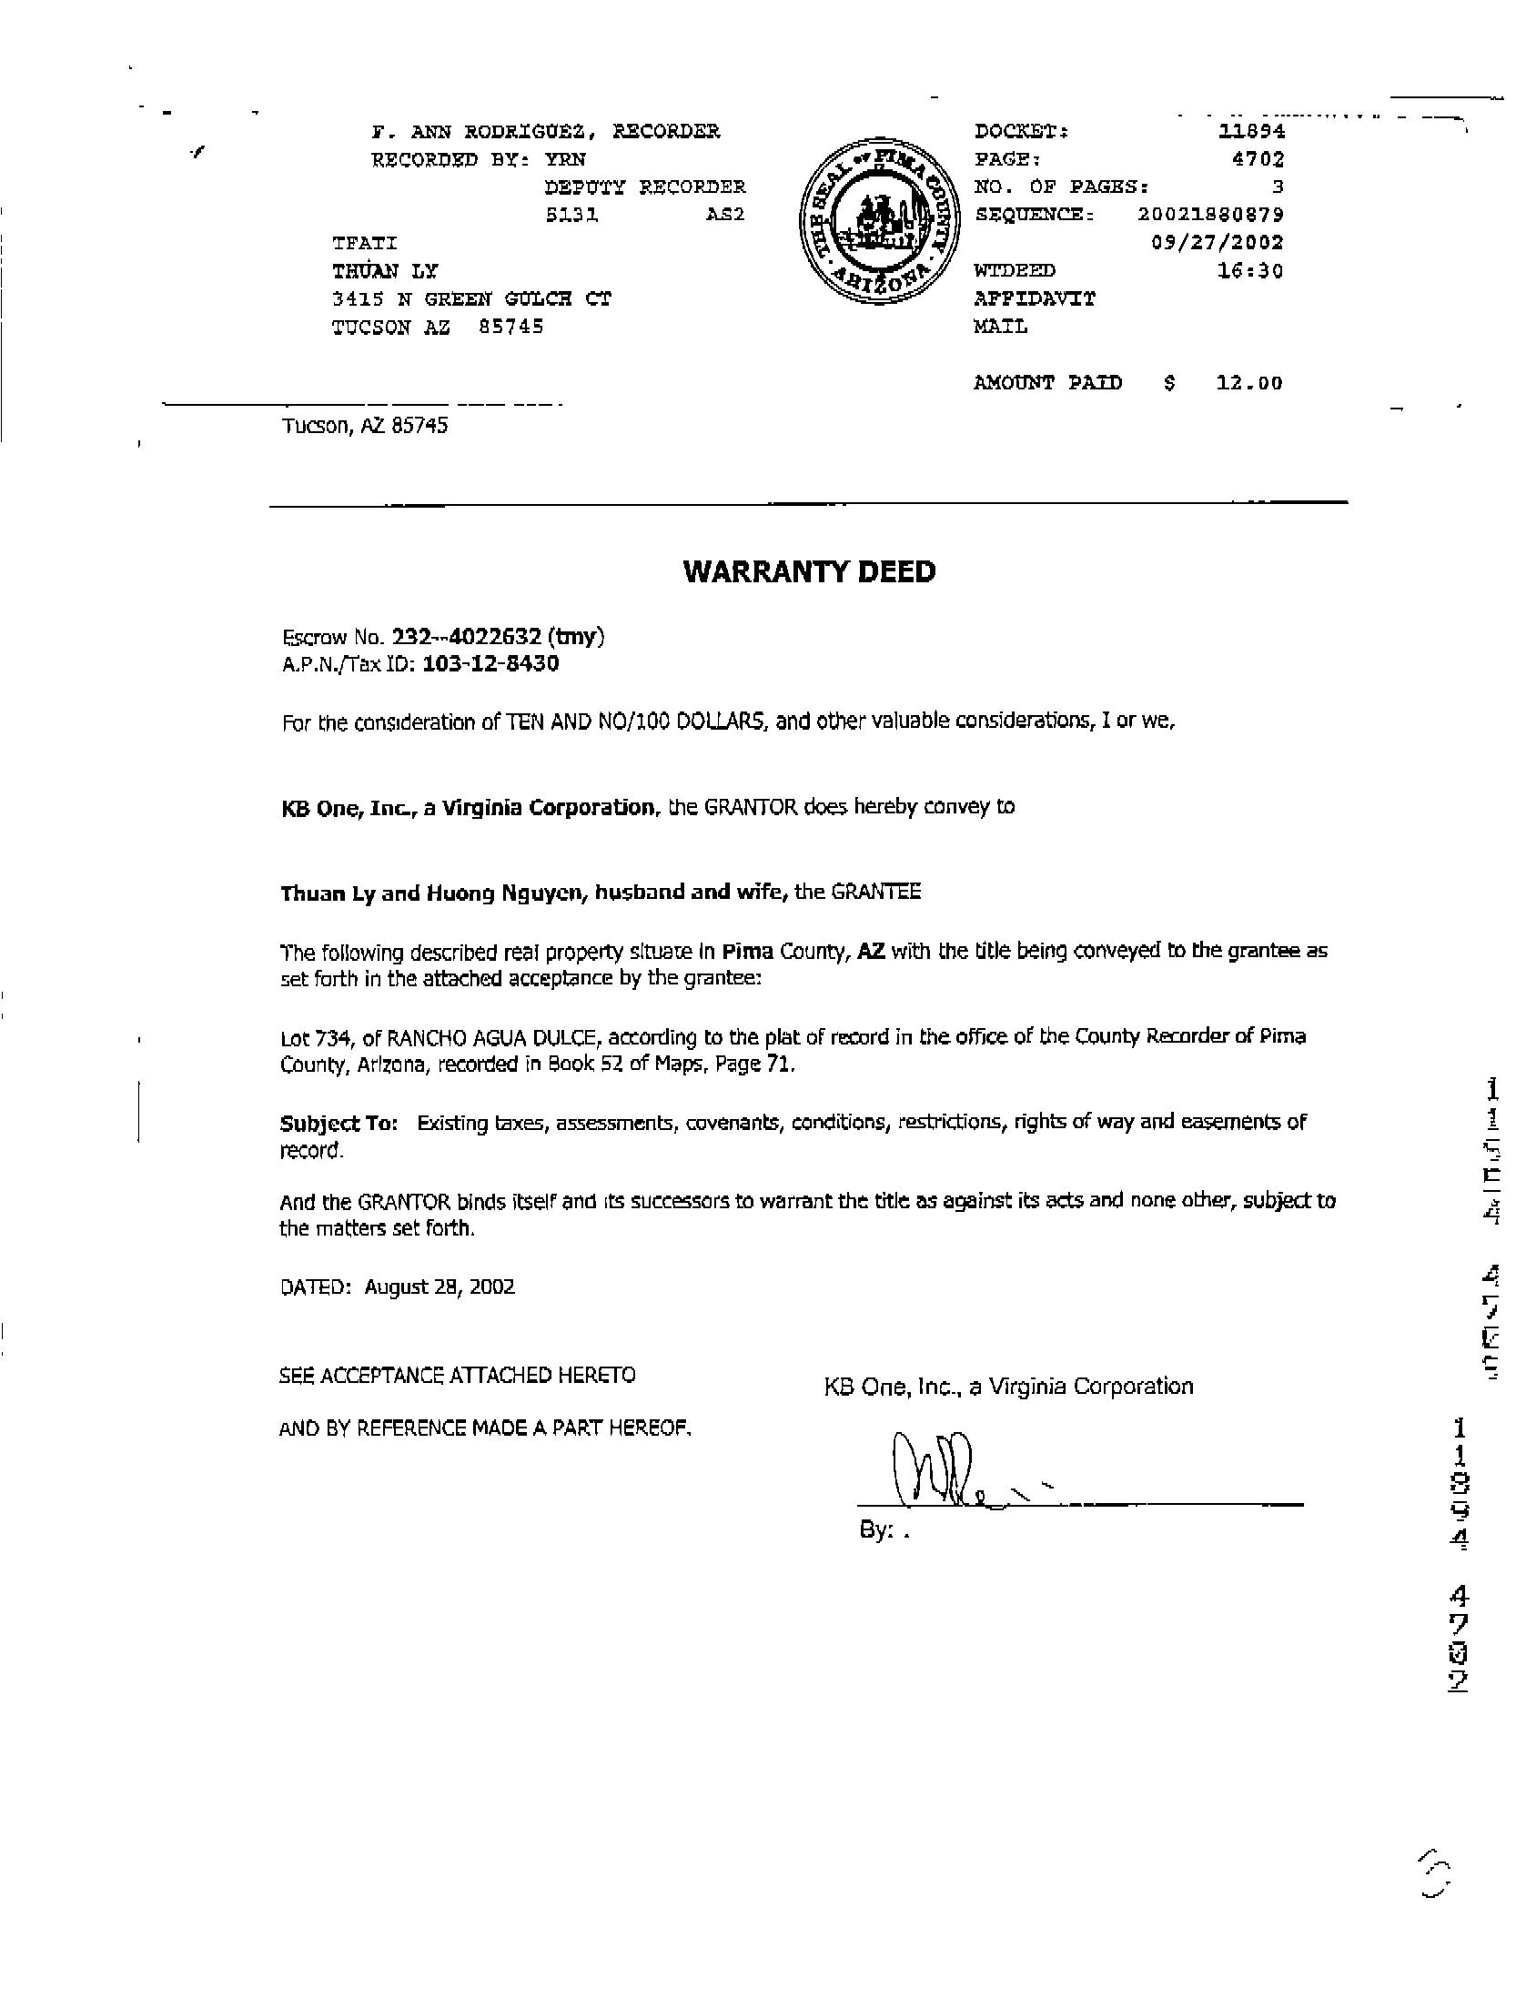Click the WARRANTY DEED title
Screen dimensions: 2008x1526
tap(809, 571)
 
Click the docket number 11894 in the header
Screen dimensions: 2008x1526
tap(1251, 131)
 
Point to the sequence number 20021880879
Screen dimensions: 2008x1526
tap(1210, 215)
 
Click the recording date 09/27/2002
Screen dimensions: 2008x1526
tap(1218, 243)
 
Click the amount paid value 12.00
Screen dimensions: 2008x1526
tap(1250, 383)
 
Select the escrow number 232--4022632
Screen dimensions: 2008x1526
tap(467, 637)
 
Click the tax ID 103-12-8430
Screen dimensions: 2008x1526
tap(491, 664)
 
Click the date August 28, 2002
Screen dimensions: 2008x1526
tap(440, 1287)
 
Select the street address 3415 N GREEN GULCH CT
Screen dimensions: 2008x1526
tap(471, 298)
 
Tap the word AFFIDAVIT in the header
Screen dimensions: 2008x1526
tap(1035, 298)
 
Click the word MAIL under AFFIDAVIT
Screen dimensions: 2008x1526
tap(1000, 327)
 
